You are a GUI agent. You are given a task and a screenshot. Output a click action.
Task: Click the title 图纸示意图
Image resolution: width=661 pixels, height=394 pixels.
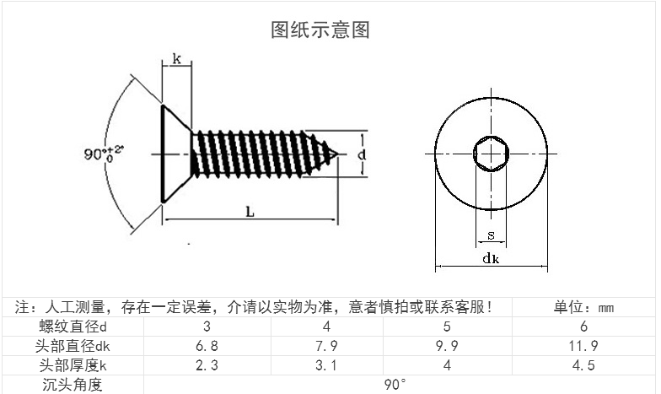[320, 30]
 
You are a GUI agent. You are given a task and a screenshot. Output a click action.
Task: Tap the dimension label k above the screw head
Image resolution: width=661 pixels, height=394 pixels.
[177, 59]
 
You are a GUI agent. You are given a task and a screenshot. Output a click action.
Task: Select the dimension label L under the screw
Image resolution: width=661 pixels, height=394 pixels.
[250, 212]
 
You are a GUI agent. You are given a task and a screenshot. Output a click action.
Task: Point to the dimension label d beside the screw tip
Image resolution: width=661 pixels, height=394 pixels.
[361, 155]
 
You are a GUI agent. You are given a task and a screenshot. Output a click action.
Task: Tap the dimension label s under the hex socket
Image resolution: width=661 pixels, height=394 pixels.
[491, 235]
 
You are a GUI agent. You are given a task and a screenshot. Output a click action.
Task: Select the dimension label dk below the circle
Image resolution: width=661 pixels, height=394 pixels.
[491, 259]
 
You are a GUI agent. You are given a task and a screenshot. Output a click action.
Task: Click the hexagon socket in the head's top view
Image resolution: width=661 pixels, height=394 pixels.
[491, 154]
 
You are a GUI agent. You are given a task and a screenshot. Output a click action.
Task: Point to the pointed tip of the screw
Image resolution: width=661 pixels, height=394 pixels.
[339, 154]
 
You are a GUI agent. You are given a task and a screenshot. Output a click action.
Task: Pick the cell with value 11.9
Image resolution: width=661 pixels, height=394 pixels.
[583, 346]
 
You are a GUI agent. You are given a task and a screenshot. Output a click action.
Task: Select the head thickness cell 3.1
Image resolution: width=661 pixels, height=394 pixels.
[325, 365]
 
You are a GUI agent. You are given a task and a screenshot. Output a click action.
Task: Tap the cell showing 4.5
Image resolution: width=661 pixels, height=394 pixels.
[583, 365]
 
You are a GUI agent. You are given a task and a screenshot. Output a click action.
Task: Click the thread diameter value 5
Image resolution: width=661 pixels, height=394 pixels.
[447, 327]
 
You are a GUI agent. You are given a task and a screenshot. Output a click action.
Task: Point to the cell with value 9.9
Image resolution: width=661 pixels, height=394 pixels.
[447, 346]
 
